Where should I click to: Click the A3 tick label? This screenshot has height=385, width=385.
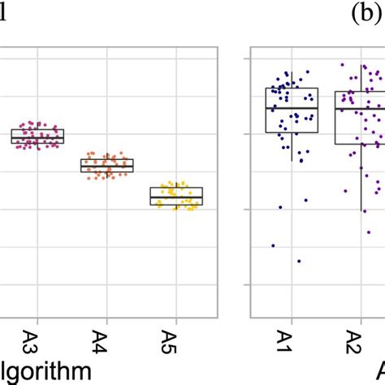37,336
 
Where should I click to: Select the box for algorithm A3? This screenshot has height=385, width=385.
37,136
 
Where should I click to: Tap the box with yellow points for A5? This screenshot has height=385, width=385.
176,197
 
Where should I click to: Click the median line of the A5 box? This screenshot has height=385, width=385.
176,196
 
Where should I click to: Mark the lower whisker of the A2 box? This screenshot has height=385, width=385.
362,179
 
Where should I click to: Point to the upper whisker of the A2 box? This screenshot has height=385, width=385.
362,77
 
